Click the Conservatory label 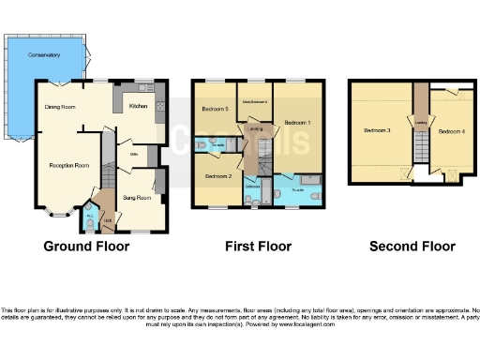point(43,55)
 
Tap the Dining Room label point(59,107)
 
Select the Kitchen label point(138,107)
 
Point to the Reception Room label point(69,165)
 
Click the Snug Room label point(137,198)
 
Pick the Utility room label point(133,153)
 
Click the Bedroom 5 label point(215,109)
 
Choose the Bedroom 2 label point(217,175)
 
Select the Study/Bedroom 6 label point(255,101)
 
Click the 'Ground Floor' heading point(86,247)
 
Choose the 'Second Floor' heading point(412,247)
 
